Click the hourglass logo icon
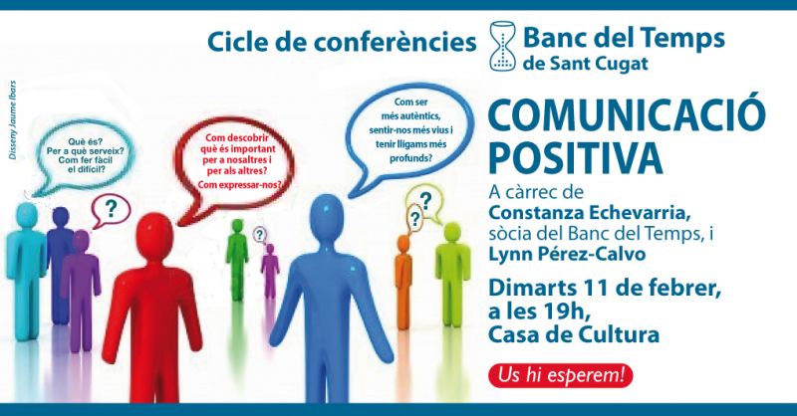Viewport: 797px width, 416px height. click(x=503, y=45)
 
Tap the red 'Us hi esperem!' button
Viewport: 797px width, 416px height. click(x=560, y=376)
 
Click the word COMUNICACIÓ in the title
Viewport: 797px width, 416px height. click(x=627, y=115)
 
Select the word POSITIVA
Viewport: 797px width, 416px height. click(x=576, y=156)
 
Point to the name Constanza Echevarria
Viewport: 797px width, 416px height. click(x=590, y=213)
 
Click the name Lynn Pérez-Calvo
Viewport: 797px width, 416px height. click(x=567, y=254)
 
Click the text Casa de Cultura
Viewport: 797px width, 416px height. click(x=574, y=334)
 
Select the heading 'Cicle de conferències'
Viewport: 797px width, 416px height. click(x=342, y=42)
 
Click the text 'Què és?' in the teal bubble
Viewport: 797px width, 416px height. click(x=85, y=142)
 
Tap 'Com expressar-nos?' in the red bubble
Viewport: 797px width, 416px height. click(x=240, y=185)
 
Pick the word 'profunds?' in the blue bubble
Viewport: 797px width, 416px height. click(x=411, y=158)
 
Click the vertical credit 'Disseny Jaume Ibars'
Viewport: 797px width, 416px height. click(x=13, y=119)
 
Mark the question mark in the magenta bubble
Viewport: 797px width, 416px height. click(x=110, y=208)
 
